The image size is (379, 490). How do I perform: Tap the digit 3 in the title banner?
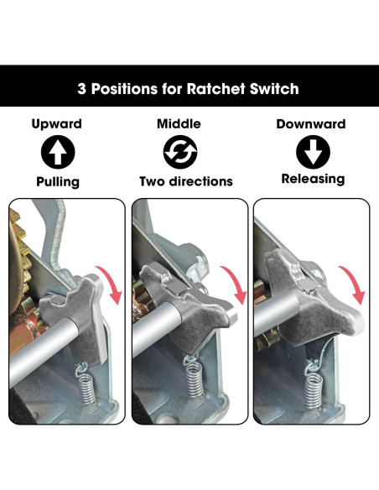(81, 89)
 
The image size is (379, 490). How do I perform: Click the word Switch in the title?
(274, 89)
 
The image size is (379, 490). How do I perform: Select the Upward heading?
(57, 124)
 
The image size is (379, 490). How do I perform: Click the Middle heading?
(179, 123)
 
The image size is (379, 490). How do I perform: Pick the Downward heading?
(311, 124)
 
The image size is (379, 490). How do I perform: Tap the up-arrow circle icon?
(58, 152)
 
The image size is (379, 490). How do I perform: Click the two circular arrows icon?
(180, 152)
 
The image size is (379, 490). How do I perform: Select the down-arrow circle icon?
(313, 152)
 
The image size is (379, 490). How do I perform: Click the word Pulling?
(58, 182)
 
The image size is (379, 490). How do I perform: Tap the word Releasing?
(313, 179)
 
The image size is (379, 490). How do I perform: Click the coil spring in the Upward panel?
(86, 383)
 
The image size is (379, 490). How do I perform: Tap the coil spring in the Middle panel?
(194, 376)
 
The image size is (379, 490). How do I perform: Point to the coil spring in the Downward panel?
(314, 385)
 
